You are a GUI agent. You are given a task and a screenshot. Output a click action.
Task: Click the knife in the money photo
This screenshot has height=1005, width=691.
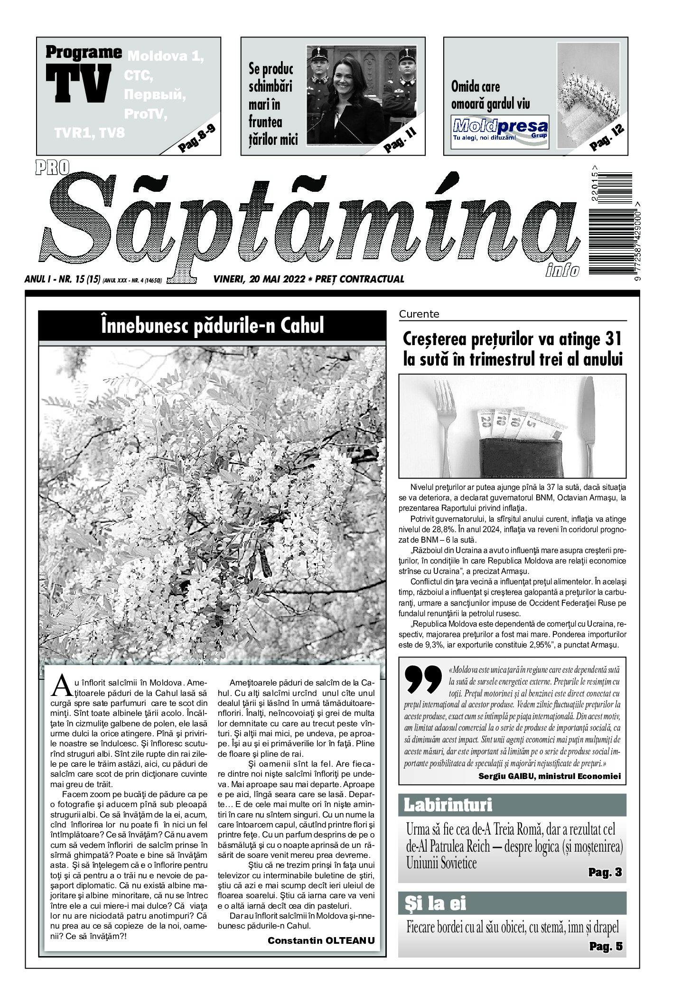coord(589,423)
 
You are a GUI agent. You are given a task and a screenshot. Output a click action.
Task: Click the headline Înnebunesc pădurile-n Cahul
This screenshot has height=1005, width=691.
coord(212,326)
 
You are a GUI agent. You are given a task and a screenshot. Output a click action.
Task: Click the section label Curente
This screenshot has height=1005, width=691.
coord(419,314)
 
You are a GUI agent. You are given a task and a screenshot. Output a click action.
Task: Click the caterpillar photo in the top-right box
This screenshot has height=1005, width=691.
coord(588,95)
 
